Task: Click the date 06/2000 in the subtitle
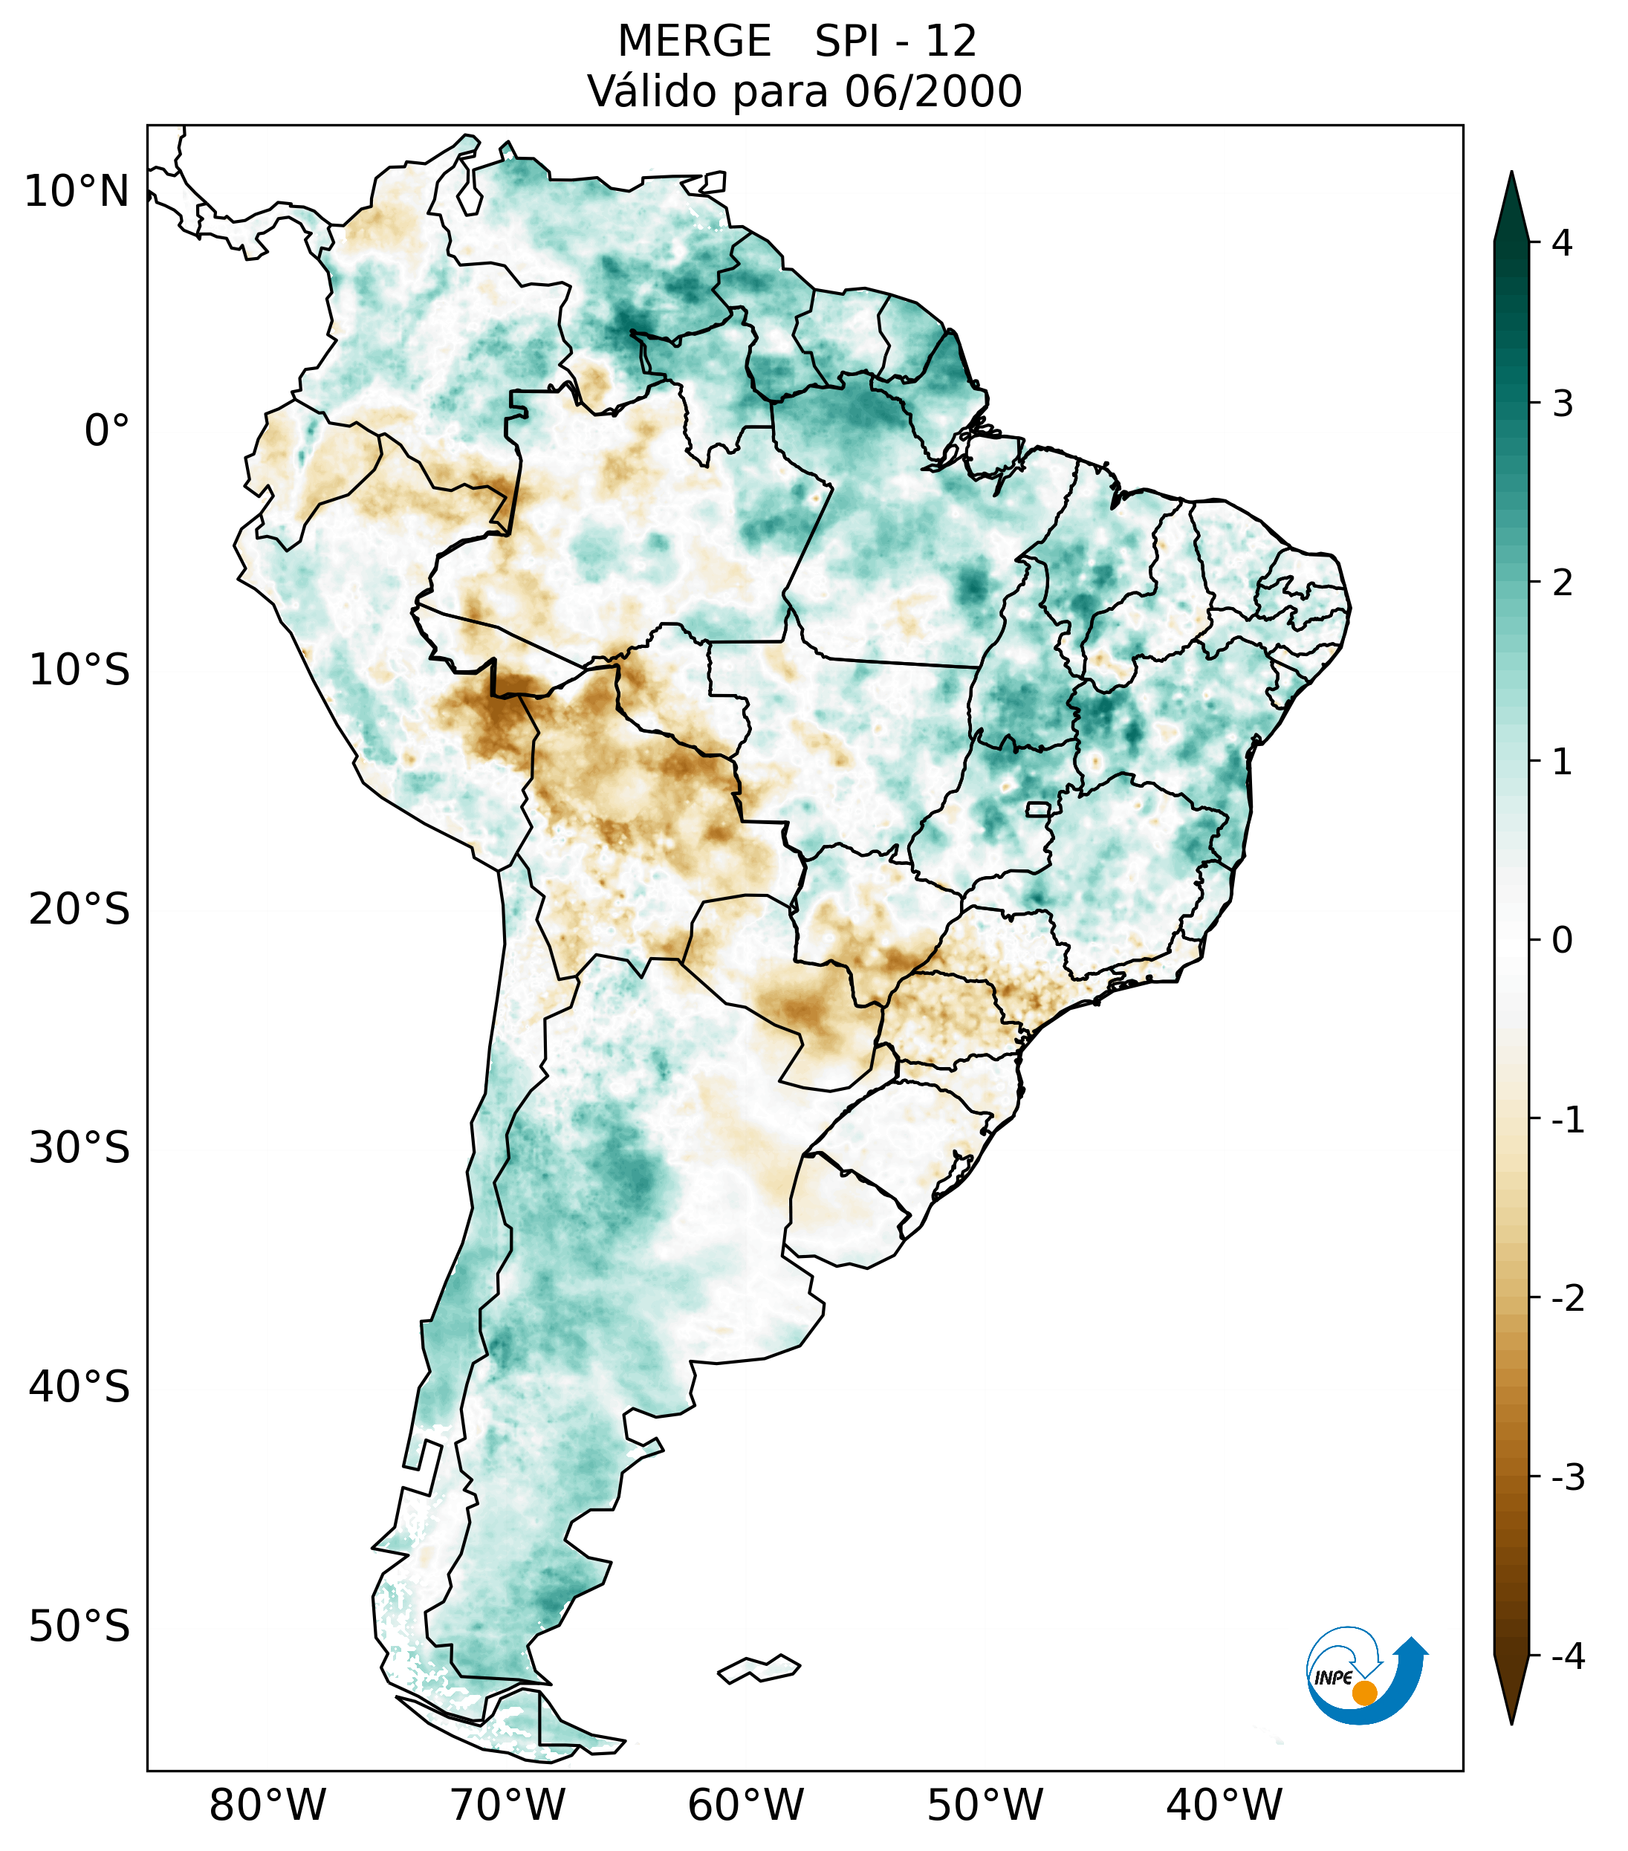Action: tap(933, 91)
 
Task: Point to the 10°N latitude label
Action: tap(77, 192)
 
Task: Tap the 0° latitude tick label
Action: tap(107, 430)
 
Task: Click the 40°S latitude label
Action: tap(80, 1387)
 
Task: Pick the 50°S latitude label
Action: tap(80, 1627)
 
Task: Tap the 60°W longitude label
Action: tap(745, 1805)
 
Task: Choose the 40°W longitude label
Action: tap(1225, 1805)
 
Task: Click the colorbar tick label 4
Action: tap(1562, 243)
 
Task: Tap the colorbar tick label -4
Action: tap(1567, 1656)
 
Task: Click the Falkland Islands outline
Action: tap(759, 1668)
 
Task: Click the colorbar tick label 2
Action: tap(1562, 583)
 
